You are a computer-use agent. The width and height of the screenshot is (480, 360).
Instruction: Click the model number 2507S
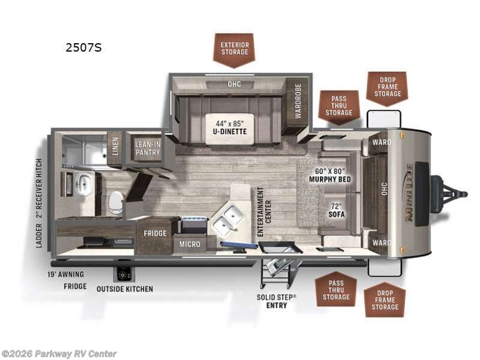pyautogui.click(x=83, y=48)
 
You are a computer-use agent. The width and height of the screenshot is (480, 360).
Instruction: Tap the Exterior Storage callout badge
pyautogui.click(x=235, y=50)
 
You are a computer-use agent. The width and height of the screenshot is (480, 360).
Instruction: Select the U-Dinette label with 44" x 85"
pyautogui.click(x=230, y=128)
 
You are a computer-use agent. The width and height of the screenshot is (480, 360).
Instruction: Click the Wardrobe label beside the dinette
pyautogui.click(x=298, y=101)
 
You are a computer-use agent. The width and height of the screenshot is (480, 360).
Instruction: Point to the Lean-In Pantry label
pyautogui.click(x=148, y=148)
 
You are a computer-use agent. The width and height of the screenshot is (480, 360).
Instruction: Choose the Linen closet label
pyautogui.click(x=115, y=146)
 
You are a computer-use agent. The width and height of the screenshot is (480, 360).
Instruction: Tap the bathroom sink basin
pyautogui.click(x=83, y=184)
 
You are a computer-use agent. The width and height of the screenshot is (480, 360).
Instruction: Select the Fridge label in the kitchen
pyautogui.click(x=155, y=233)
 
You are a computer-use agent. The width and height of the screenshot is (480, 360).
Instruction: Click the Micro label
pyautogui.click(x=190, y=244)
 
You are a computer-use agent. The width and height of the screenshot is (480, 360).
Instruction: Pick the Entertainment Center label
pyautogui.click(x=264, y=212)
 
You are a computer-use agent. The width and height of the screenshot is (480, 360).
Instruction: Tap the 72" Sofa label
pyautogui.click(x=337, y=210)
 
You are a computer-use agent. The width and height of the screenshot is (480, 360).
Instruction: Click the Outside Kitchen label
pyautogui.click(x=125, y=289)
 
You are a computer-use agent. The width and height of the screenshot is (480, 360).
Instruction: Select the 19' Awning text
pyautogui.click(x=65, y=274)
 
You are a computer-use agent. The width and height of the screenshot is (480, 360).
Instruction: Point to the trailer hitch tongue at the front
pyautogui.click(x=449, y=194)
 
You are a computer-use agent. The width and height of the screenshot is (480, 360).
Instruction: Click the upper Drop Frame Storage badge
pyautogui.click(x=388, y=89)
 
